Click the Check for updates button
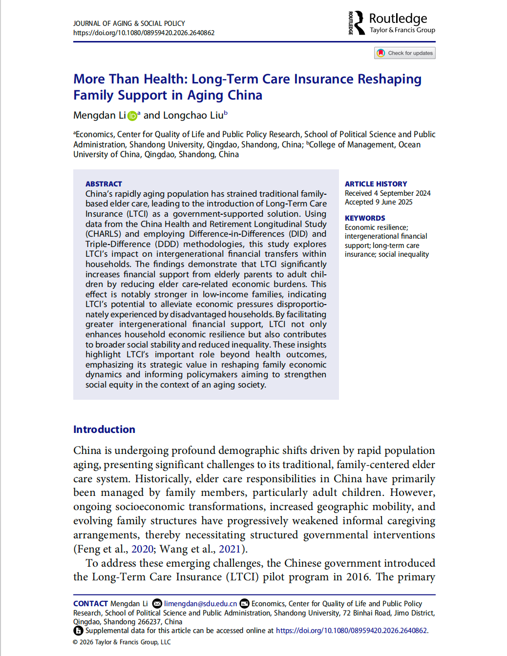pyautogui.click(x=404, y=53)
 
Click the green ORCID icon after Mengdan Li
pyautogui.click(x=132, y=116)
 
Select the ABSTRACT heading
pyautogui.click(x=104, y=184)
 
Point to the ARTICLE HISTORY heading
pyautogui.click(x=376, y=184)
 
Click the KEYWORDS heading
pyautogui.click(x=365, y=218)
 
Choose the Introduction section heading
pyautogui.click(x=104, y=430)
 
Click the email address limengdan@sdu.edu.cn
pyautogui.click(x=200, y=604)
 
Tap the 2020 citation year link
pyautogui.click(x=143, y=549)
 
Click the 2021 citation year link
pyautogui.click(x=230, y=549)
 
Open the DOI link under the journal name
pyautogui.click(x=144, y=33)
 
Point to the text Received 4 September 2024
pyautogui.click(x=387, y=193)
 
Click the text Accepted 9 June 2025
pyautogui.click(x=379, y=202)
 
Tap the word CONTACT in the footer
pyautogui.click(x=90, y=604)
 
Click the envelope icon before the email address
pyautogui.click(x=157, y=604)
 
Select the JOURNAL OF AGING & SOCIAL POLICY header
pyautogui.click(x=129, y=23)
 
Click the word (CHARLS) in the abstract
pyautogui.click(x=103, y=234)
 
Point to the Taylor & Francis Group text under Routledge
pyautogui.click(x=402, y=30)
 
